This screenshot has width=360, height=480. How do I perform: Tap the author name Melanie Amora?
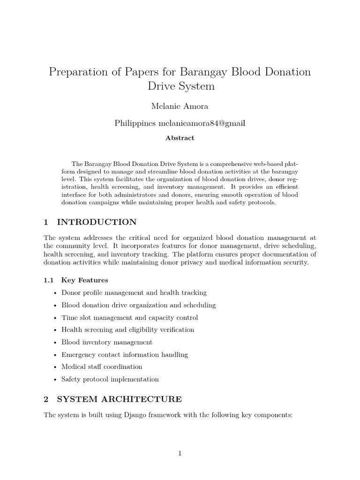click(180, 106)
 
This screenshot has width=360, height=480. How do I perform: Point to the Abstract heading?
click(180, 138)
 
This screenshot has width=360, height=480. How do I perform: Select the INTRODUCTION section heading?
click(97, 222)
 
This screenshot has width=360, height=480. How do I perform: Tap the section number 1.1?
click(49, 280)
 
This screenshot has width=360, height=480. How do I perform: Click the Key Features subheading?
click(84, 280)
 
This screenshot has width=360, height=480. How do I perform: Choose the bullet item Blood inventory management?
click(107, 342)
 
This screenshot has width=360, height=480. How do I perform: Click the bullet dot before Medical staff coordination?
click(56, 367)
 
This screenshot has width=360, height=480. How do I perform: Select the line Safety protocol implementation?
click(110, 379)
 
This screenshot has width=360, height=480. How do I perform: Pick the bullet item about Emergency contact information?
click(124, 355)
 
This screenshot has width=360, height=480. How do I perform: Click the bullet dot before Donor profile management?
click(56, 293)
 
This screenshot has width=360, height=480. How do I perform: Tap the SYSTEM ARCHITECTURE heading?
click(119, 399)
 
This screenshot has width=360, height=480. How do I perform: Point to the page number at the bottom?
click(180, 453)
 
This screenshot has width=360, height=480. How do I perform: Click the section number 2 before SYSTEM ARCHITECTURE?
click(46, 399)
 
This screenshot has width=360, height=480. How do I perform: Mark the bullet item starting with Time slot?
click(129, 317)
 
